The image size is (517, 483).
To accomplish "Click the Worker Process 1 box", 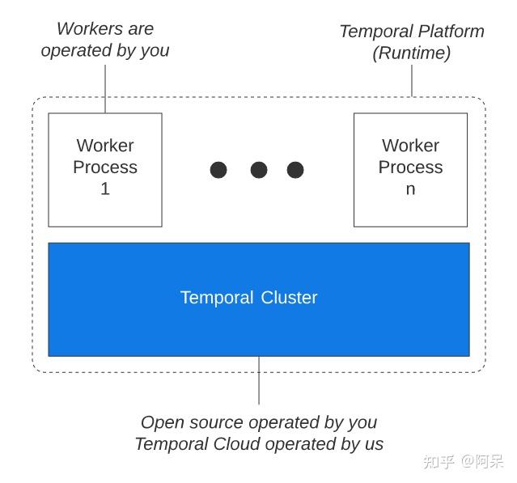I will [x=105, y=170].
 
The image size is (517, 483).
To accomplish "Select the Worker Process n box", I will [x=410, y=170].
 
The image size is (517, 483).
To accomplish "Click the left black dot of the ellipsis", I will [x=218, y=170].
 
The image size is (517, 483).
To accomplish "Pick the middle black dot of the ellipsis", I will [x=259, y=170].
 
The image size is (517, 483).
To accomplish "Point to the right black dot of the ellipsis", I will [x=295, y=170].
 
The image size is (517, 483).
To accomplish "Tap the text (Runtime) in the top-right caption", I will [x=411, y=53].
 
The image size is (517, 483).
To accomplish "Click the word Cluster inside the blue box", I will [x=289, y=298].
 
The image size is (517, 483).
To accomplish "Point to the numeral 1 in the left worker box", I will [x=105, y=189].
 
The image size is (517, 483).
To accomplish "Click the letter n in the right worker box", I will [x=410, y=189].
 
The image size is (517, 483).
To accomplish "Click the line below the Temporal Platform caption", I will [x=412, y=81].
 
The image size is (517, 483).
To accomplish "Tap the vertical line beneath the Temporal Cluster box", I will [x=259, y=380].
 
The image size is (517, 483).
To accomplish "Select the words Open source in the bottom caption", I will [x=193, y=422].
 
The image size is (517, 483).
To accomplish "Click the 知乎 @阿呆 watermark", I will [x=462, y=461].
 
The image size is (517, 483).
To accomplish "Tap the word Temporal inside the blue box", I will [x=216, y=298].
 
